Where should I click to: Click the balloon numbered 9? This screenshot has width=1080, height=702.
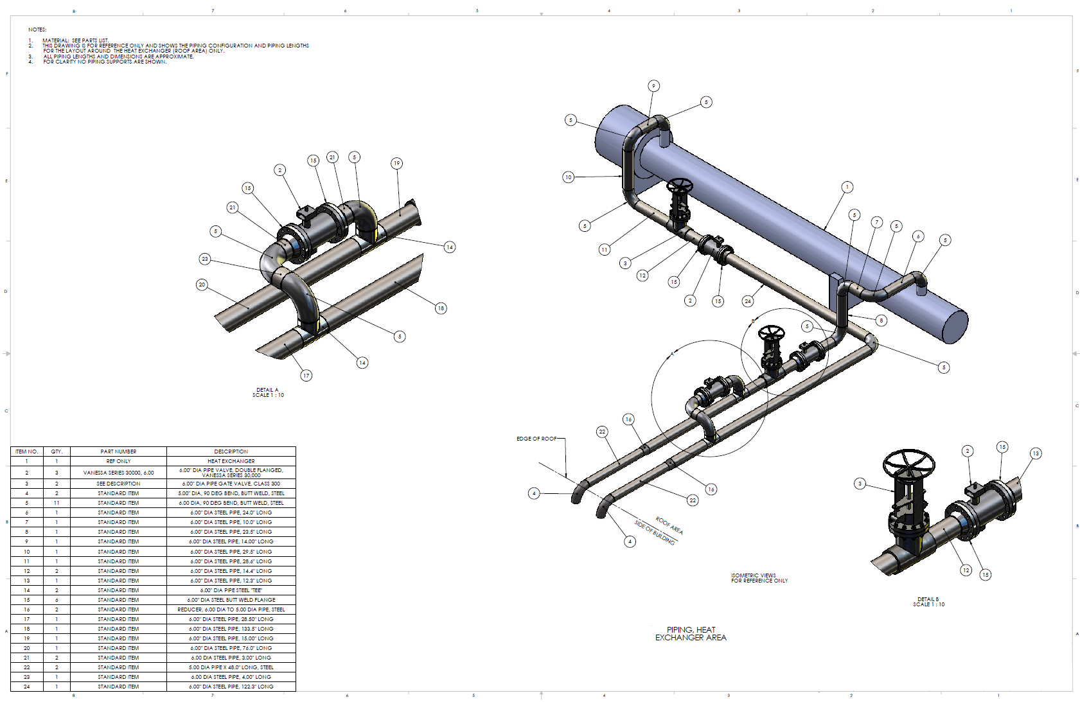pyautogui.click(x=653, y=86)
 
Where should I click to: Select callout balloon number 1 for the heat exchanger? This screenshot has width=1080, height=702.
pyautogui.click(x=847, y=187)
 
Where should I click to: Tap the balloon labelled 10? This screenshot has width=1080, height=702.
pyautogui.click(x=568, y=177)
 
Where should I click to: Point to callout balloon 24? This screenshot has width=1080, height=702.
pyautogui.click(x=747, y=301)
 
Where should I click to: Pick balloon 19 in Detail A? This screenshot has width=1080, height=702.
pyautogui.click(x=397, y=163)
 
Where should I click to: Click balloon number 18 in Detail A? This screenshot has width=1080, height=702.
pyautogui.click(x=441, y=308)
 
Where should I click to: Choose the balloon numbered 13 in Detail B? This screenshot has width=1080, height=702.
pyautogui.click(x=1036, y=453)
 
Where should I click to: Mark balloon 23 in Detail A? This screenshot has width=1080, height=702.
pyautogui.click(x=205, y=259)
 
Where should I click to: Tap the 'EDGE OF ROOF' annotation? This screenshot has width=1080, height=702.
pyautogui.click(x=536, y=439)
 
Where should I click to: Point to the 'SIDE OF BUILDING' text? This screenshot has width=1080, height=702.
pyautogui.click(x=654, y=532)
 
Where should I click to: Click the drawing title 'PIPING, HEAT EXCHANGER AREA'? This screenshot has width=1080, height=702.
pyautogui.click(x=691, y=633)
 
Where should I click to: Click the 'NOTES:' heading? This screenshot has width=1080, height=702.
pyautogui.click(x=37, y=30)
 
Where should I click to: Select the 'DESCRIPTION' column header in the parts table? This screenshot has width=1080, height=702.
pyautogui.click(x=231, y=452)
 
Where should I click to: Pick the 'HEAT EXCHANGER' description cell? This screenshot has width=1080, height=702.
pyautogui.click(x=231, y=461)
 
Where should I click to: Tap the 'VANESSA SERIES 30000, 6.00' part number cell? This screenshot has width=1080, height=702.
pyautogui.click(x=118, y=473)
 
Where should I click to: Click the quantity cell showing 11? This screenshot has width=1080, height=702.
pyautogui.click(x=57, y=503)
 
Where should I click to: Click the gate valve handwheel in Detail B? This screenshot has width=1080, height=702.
pyautogui.click(x=908, y=462)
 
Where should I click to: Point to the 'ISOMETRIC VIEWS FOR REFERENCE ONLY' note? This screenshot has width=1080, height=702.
pyautogui.click(x=759, y=578)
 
